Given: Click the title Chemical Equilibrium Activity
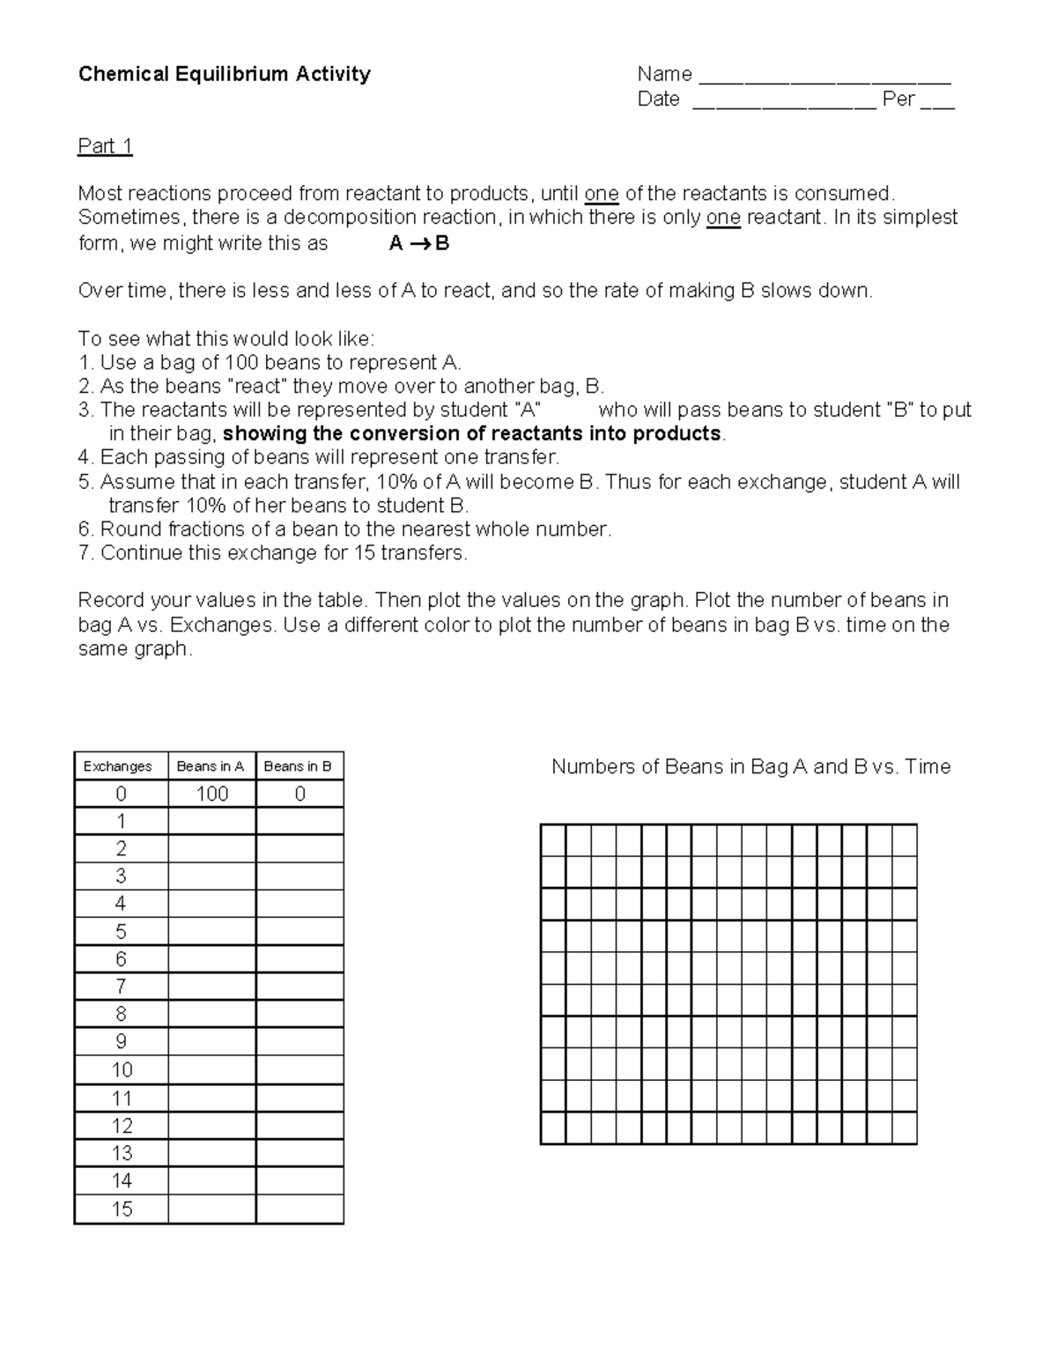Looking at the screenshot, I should coord(224,74).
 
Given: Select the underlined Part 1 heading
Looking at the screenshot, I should coord(105,146).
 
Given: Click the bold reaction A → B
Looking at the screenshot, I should coord(419,244).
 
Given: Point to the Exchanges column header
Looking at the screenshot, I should coord(118,766).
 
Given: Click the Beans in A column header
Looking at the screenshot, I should coord(211,766).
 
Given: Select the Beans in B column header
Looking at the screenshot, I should coord(298,766).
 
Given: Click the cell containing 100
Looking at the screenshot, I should coord(212,794).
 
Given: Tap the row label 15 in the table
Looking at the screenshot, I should coord(122,1209).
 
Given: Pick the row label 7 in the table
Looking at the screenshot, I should coord(121,987).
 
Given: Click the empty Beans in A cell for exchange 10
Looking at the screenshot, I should coord(212,1069).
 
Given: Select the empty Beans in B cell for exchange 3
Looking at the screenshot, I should coord(299,876).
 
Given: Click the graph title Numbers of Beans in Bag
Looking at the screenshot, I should coord(750,766).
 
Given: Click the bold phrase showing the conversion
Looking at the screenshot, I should coord(472,434).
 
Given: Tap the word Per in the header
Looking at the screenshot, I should coord(898,99).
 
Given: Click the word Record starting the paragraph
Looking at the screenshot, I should coord(111,601).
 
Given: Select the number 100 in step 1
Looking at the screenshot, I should coord(240,363).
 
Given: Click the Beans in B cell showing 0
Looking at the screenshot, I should coord(299,794).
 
